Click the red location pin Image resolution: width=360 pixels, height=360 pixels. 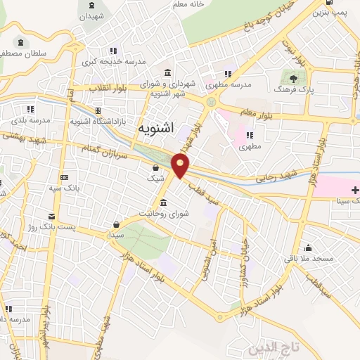tap(181, 166)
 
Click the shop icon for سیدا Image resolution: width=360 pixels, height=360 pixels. tap(115, 225)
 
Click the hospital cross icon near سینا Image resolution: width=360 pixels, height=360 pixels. tap(355, 189)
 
